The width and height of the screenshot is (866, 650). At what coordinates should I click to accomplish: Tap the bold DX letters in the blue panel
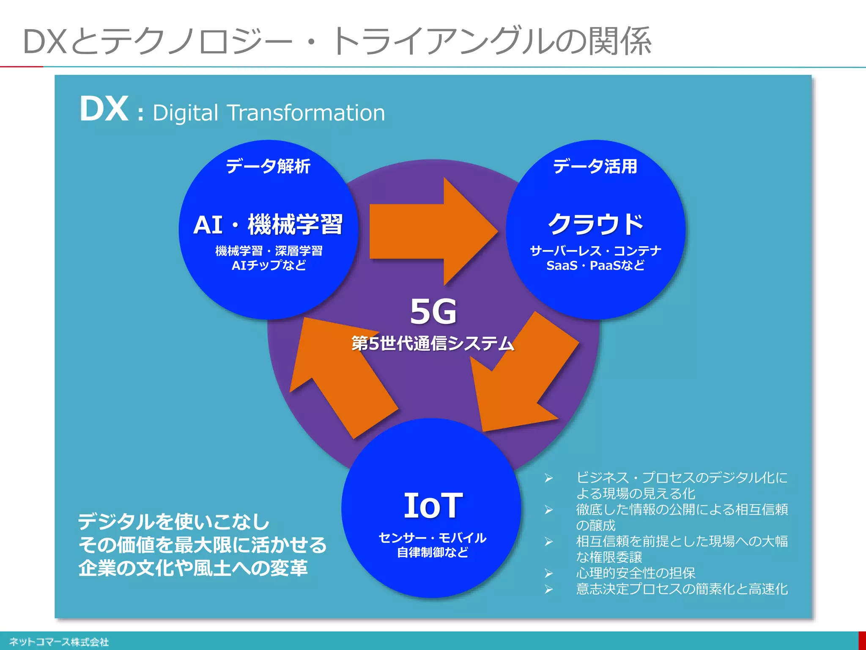104,109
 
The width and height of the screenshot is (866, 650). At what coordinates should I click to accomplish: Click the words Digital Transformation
269,113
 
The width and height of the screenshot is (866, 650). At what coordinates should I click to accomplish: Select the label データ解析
268,166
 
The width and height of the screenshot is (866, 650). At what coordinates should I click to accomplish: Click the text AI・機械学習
268,224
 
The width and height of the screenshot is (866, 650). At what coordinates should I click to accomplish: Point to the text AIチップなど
269,265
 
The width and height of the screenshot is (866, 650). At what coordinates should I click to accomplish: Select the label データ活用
595,166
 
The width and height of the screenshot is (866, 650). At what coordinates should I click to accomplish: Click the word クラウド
595,224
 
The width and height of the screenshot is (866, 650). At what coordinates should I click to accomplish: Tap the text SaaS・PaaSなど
595,265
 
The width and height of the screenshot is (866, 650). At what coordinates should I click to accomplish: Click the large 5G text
433,311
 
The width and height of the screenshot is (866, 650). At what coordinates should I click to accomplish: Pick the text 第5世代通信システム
433,343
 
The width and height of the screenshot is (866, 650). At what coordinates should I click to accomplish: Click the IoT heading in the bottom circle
433,505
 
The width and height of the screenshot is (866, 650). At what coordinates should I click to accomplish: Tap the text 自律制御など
433,552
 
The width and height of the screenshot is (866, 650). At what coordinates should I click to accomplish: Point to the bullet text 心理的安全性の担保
636,573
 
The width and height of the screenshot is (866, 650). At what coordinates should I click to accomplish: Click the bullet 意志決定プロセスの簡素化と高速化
682,589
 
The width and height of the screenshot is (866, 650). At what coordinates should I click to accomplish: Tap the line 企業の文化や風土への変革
193,568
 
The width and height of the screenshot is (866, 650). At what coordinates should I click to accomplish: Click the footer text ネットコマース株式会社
59,642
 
